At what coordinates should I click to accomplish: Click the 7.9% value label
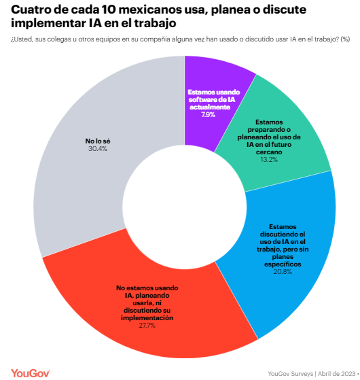pyautogui.click(x=209, y=115)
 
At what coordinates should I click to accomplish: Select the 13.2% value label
pyautogui.click(x=269, y=160)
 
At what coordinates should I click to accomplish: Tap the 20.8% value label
pyautogui.click(x=283, y=272)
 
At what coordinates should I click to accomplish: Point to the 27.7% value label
pyautogui.click(x=147, y=325)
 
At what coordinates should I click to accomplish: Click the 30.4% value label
pyautogui.click(x=98, y=149)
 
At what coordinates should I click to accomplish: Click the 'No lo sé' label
pyautogui.click(x=98, y=141)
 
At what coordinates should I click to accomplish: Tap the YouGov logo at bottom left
pyautogui.click(x=31, y=373)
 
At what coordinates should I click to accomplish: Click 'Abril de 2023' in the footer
pyautogui.click(x=336, y=374)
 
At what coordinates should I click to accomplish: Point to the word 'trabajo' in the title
pyautogui.click(x=155, y=24)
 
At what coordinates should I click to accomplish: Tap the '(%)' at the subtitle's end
pyautogui.click(x=345, y=39)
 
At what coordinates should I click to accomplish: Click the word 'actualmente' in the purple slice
pyautogui.click(x=210, y=107)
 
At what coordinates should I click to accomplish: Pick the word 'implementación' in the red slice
pyautogui.click(x=147, y=317)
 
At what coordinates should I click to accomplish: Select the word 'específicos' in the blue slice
pyautogui.click(x=283, y=264)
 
